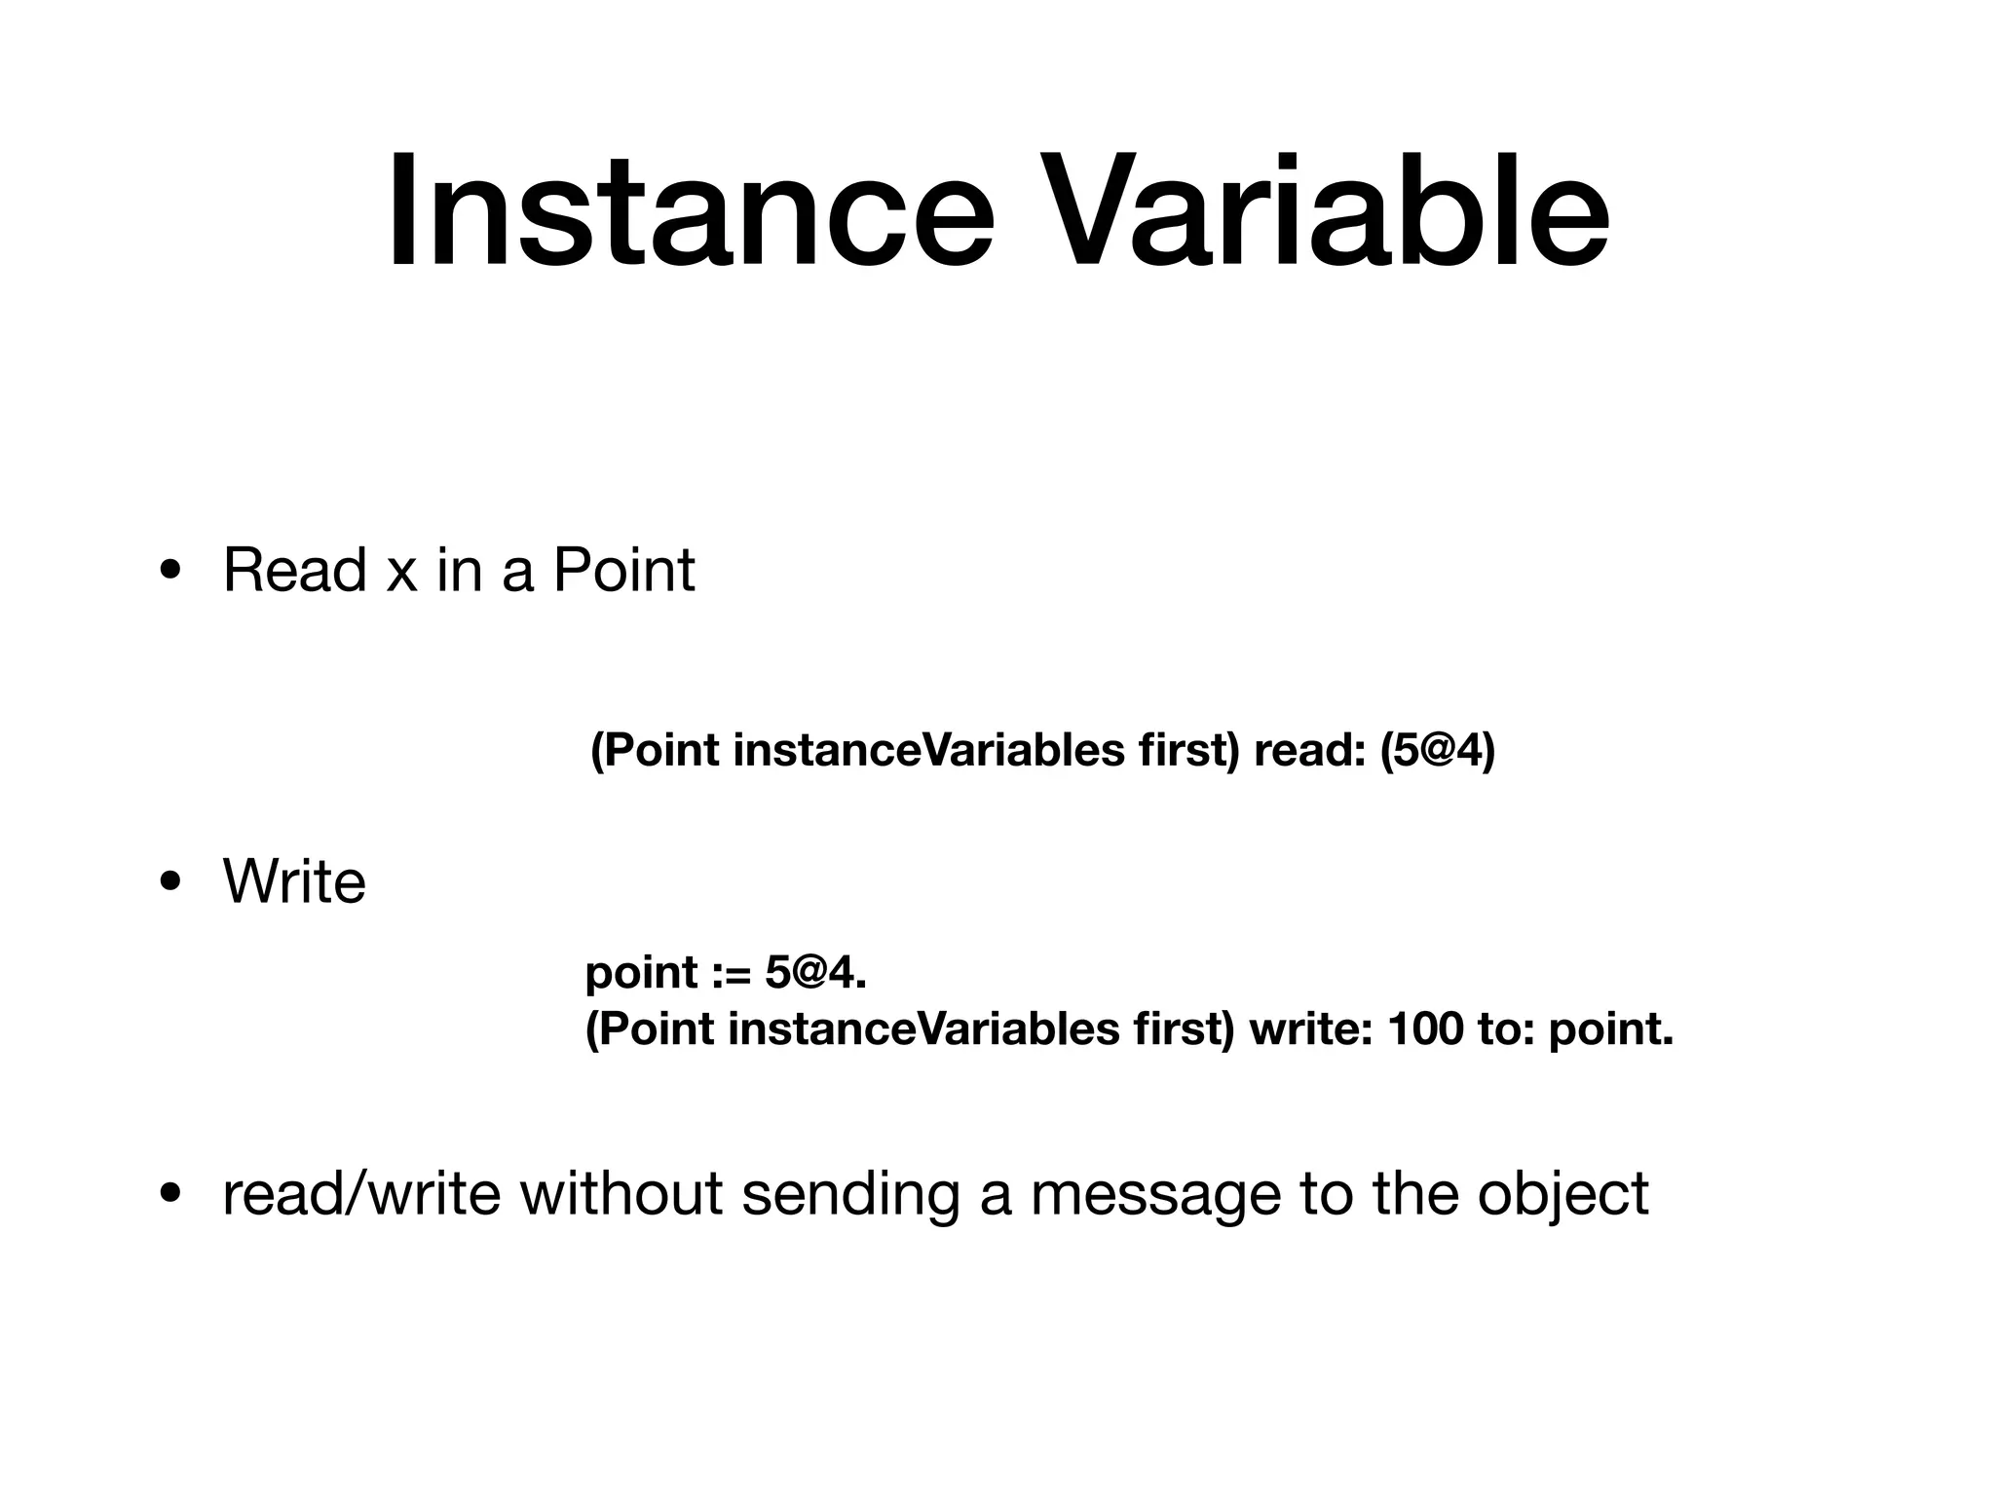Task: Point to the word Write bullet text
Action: click(x=294, y=882)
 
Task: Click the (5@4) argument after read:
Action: click(x=1437, y=751)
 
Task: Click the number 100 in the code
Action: click(x=1424, y=1029)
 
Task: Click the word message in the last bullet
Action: click(x=1155, y=1195)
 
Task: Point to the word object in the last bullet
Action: click(x=1562, y=1195)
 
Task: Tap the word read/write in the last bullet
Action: click(x=361, y=1193)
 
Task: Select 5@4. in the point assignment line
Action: click(x=815, y=973)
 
